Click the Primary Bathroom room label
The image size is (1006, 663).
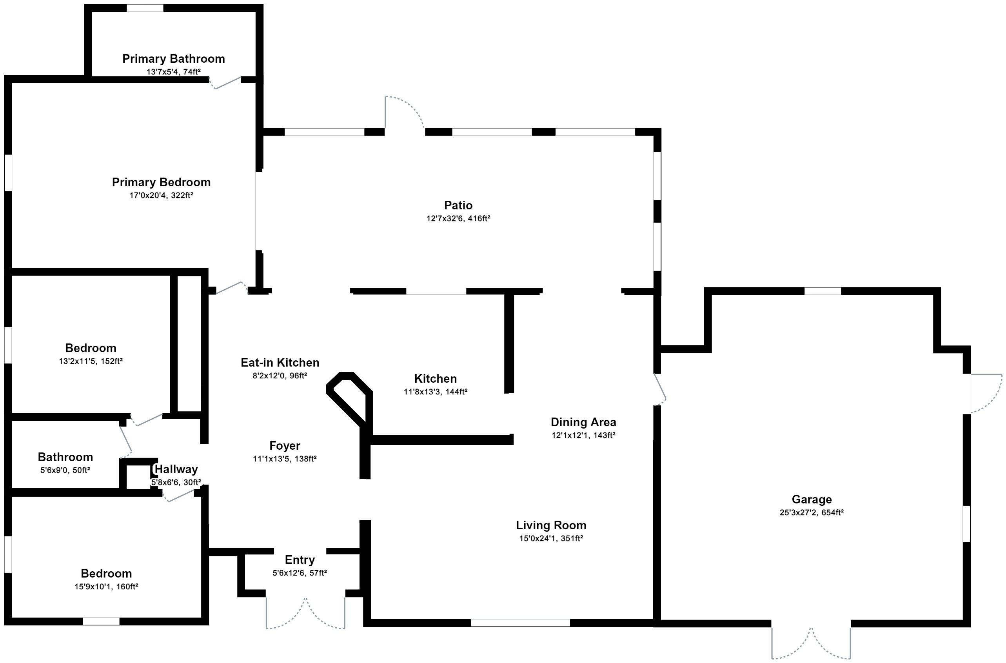point(173,59)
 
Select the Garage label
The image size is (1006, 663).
point(812,500)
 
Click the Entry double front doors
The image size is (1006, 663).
point(305,613)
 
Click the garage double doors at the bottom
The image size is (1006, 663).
point(811,643)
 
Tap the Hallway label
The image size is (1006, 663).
point(176,469)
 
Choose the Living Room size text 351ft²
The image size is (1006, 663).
point(572,539)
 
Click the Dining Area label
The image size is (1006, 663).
point(583,422)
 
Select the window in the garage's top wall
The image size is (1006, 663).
point(822,291)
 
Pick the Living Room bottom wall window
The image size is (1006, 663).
point(520,623)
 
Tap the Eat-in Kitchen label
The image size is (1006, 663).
point(280,362)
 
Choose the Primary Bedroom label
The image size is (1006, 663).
point(161,182)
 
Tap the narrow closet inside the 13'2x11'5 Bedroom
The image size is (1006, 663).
point(189,343)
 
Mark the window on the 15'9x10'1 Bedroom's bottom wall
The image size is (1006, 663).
point(101,621)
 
